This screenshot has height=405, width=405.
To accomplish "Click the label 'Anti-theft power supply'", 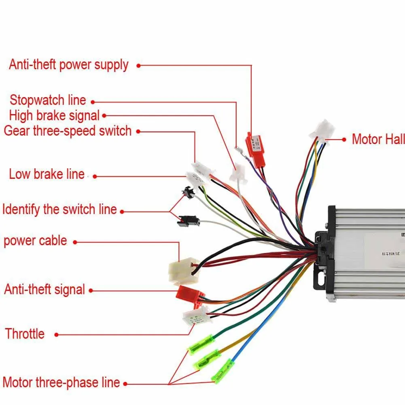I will [68, 65].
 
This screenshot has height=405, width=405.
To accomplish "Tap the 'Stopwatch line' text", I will [48, 100].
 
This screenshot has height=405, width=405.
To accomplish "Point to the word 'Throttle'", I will [25, 334].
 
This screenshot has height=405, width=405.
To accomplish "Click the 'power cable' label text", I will [35, 241].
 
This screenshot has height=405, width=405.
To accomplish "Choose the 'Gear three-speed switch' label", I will [68, 131].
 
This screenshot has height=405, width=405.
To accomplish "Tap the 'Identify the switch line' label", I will [59, 210].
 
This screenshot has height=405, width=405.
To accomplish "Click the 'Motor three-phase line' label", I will [61, 382].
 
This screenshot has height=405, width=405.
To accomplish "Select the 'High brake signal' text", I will [54, 115].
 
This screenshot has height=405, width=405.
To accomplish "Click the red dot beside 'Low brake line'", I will [95, 176].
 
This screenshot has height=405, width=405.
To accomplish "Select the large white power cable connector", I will [183, 271].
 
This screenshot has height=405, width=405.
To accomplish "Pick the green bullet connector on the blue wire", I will [223, 370].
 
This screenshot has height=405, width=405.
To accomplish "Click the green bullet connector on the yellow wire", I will [208, 358].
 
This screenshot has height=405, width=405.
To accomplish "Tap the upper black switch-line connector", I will [188, 191].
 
